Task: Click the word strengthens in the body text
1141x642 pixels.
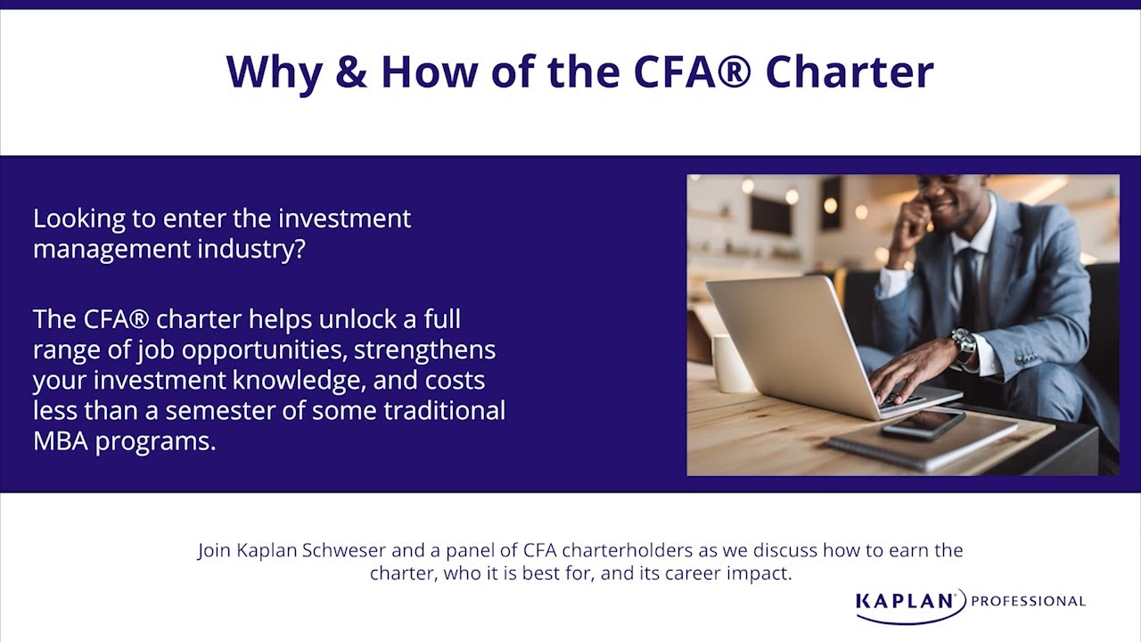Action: tap(425, 350)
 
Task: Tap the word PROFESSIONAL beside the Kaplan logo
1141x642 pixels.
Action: tap(1028, 601)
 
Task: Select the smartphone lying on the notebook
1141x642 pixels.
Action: tap(923, 424)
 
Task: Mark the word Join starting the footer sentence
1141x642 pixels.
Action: tap(215, 550)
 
